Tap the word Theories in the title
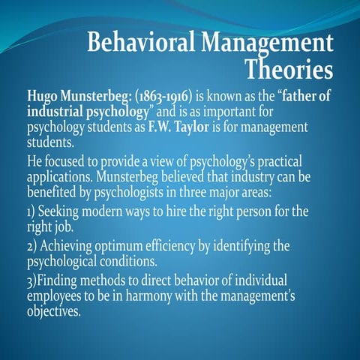[x=289, y=71]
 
